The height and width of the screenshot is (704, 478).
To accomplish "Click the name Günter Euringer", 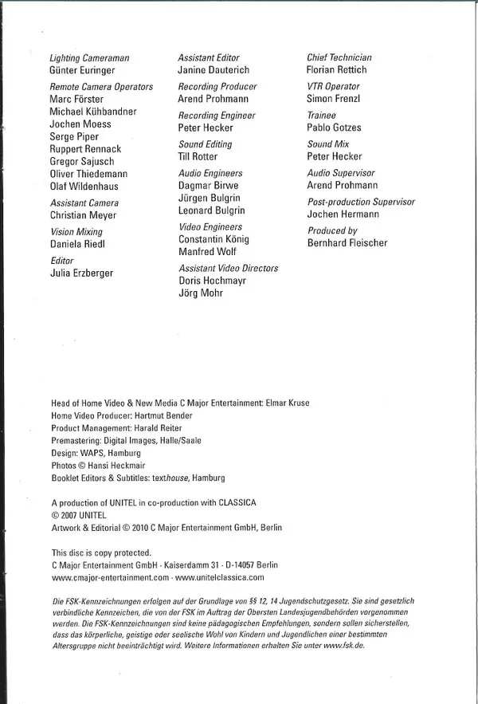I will click(84, 70).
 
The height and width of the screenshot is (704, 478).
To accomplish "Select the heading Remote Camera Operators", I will click(101, 86).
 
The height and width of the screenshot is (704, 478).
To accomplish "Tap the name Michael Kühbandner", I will click(93, 112).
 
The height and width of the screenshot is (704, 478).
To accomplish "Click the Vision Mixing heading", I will click(76, 231).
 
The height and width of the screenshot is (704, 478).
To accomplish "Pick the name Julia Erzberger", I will click(81, 273).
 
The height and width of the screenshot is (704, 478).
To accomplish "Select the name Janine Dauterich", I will click(214, 70).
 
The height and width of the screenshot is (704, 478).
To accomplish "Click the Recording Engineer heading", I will click(217, 116).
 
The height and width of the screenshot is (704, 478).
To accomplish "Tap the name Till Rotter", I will click(198, 157).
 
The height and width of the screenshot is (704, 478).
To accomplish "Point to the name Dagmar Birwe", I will click(208, 186).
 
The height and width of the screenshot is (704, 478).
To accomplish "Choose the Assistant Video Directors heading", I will click(229, 268).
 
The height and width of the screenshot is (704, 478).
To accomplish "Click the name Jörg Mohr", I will click(201, 293).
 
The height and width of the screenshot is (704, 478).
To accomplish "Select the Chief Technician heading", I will click(339, 57).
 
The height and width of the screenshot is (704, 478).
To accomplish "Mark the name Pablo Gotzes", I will click(334, 128).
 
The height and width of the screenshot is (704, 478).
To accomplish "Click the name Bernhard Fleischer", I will click(347, 243).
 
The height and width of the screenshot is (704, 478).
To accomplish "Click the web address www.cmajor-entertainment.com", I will click(110, 577).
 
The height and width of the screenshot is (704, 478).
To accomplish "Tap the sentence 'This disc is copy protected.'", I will click(101, 553).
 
